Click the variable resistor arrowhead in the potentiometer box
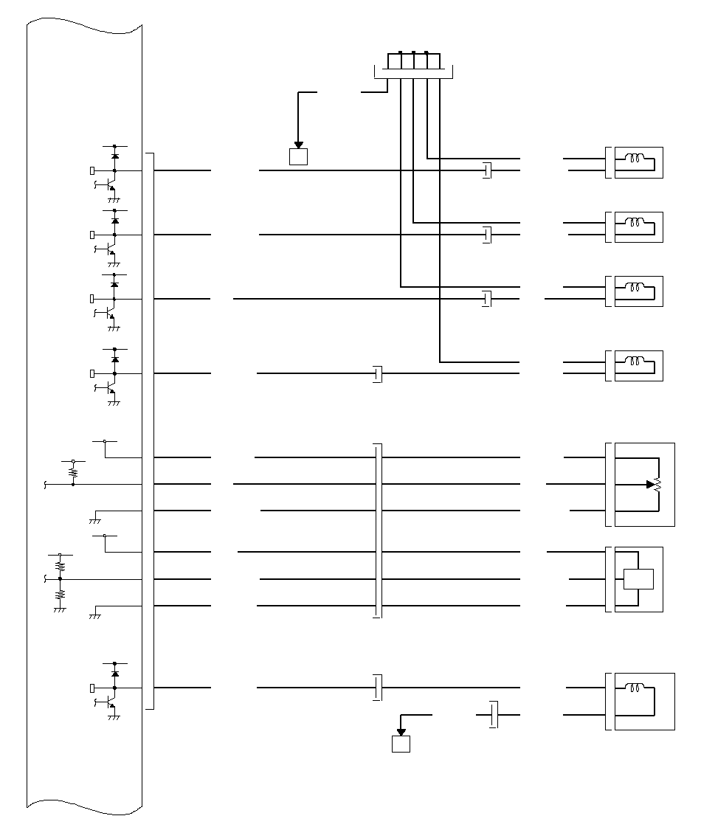click(650, 485)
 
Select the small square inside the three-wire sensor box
click(638, 579)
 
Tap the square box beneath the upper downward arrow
click(298, 156)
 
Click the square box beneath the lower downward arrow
click(401, 744)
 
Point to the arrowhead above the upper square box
click(298, 145)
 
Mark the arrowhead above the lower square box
click(401, 732)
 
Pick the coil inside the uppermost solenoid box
click(635, 157)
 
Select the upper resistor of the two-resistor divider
click(61, 566)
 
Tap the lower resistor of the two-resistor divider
click(61, 593)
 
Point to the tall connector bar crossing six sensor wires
click(378, 530)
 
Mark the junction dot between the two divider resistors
click(61, 579)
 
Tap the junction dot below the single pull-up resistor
click(73, 484)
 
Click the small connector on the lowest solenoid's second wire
click(494, 714)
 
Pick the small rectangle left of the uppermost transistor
click(92, 170)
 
